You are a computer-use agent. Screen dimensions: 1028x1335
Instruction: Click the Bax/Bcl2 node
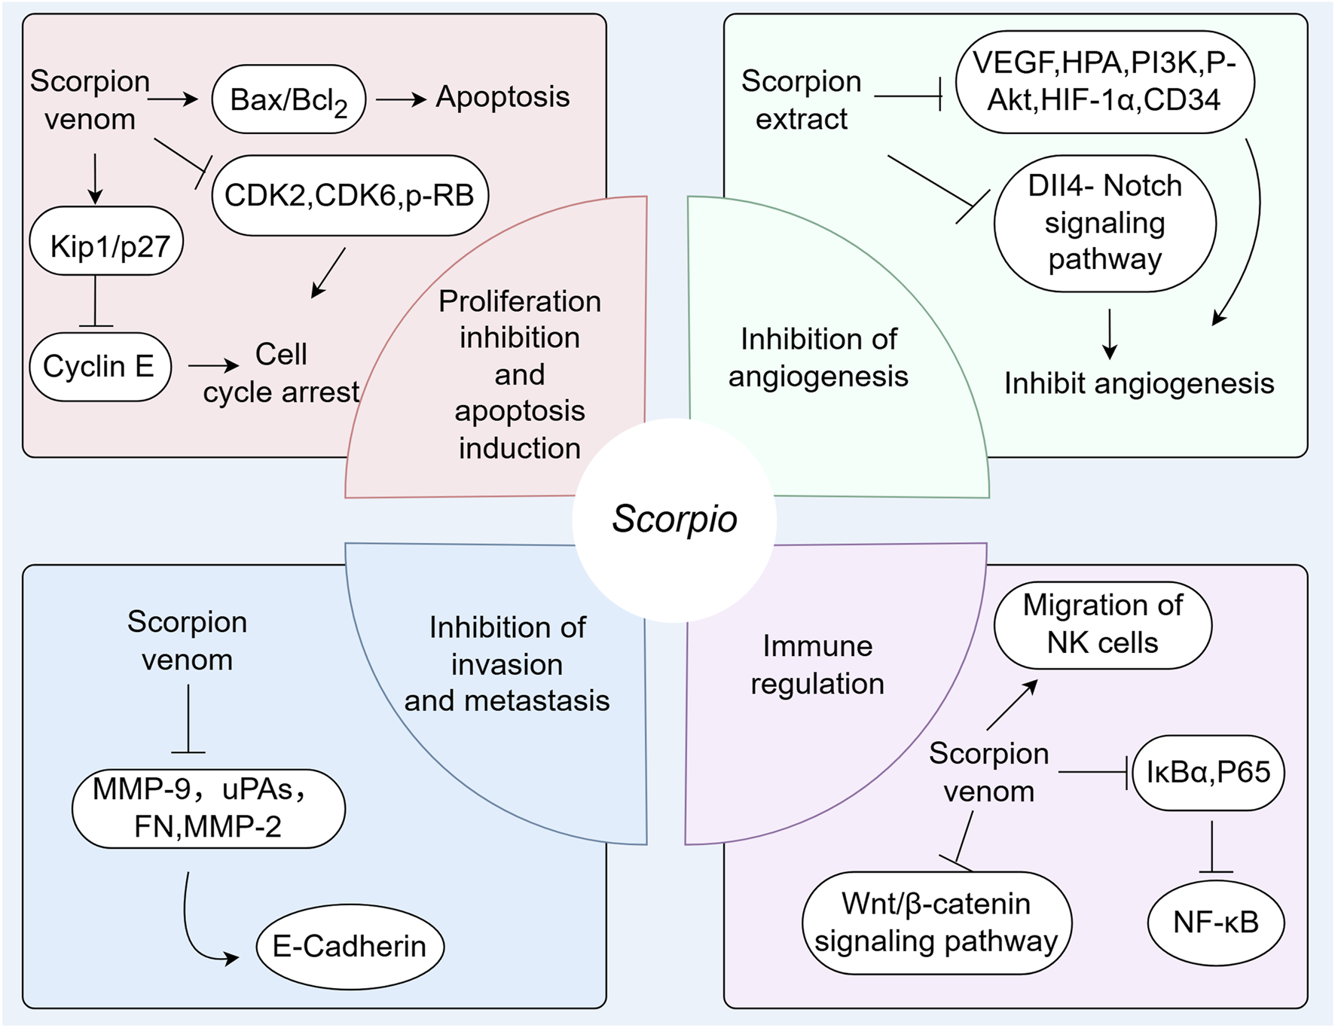[289, 99]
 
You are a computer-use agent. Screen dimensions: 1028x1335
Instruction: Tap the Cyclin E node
[100, 367]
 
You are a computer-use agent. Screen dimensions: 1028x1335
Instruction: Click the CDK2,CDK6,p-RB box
[350, 196]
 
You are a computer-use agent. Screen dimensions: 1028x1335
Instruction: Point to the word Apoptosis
[503, 97]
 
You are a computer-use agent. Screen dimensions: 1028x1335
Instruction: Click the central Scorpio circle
[674, 520]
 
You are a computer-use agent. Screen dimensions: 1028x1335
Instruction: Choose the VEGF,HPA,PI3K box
[1104, 82]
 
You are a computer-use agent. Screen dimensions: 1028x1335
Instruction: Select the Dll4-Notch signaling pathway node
[1104, 223]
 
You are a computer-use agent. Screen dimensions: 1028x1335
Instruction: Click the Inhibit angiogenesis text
[1138, 383]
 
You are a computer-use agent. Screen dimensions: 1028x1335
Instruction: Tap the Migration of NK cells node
[1102, 625]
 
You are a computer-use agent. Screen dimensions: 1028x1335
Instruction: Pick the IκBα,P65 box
[1208, 773]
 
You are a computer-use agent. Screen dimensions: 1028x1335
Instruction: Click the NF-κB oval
[1215, 923]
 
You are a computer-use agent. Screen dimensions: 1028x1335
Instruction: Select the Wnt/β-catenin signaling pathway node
[936, 923]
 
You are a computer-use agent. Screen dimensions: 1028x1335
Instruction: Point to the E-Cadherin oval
[350, 947]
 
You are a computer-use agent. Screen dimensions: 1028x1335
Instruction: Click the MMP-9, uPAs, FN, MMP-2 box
[208, 808]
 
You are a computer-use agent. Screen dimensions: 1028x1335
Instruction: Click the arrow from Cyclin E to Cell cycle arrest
[212, 366]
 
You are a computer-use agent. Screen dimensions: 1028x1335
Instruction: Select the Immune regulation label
[817, 665]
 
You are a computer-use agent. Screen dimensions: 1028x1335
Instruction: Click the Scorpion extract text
[802, 100]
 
